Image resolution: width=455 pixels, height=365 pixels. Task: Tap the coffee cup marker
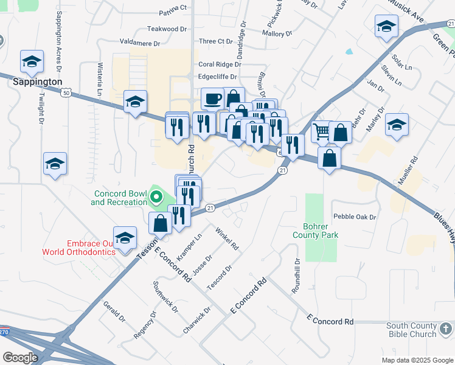tap(212, 98)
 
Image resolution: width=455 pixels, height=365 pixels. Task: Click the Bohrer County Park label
tap(315, 230)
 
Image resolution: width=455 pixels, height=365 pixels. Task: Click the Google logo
tap(20, 357)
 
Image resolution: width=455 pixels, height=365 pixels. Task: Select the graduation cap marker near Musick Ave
tap(386, 27)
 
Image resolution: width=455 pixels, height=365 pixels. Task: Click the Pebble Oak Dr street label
tap(355, 217)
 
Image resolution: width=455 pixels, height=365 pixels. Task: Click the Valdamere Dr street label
tap(139, 43)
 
